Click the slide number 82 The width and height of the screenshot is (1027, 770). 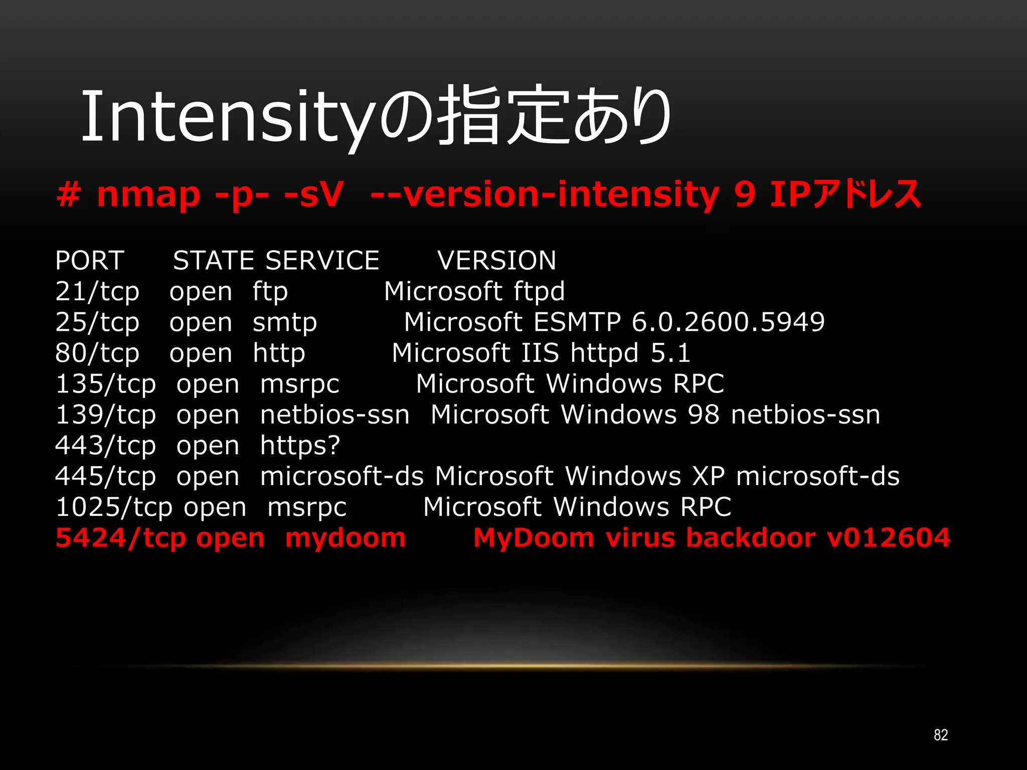click(x=941, y=735)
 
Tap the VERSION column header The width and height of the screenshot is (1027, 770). click(x=496, y=260)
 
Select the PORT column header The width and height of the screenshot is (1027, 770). click(x=90, y=260)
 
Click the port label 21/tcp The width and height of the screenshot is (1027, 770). click(x=97, y=292)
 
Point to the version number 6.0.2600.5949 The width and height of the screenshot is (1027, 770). click(x=728, y=322)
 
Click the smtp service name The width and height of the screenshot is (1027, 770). click(x=285, y=323)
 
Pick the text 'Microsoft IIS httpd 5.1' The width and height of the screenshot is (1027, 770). click(x=541, y=353)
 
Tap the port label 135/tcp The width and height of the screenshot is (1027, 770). click(x=105, y=384)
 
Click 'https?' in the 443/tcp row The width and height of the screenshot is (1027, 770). click(x=300, y=446)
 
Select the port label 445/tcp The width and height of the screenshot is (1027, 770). click(x=105, y=476)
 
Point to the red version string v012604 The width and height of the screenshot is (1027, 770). click(x=888, y=538)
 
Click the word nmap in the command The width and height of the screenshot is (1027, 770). click(x=148, y=195)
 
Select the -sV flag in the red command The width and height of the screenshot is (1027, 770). click(x=314, y=195)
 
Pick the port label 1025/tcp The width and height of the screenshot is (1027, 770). click(x=115, y=507)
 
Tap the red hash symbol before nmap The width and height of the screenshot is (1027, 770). click(x=69, y=194)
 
